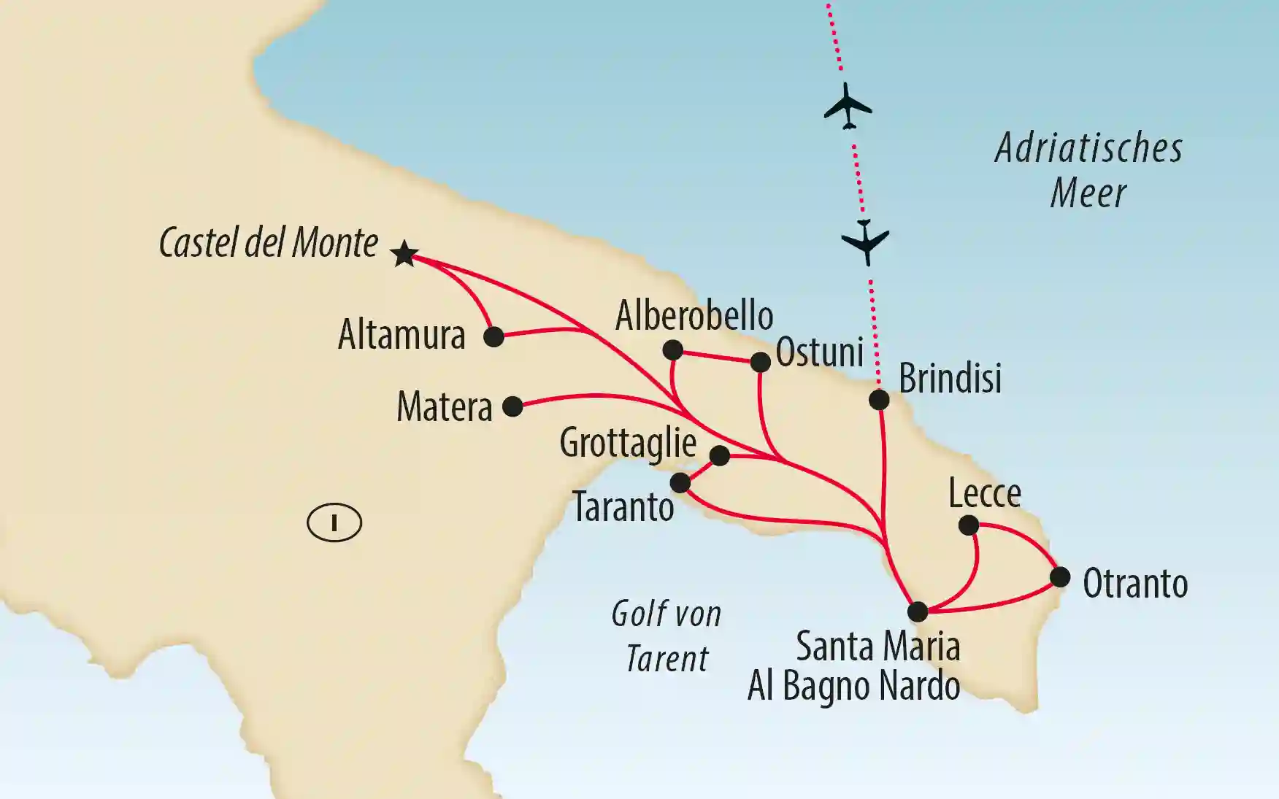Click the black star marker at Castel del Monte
coord(404,254)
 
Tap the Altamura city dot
coord(494,336)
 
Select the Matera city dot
coord(513,406)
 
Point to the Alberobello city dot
coord(672,350)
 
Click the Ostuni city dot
coord(761,362)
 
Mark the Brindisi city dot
coord(879,400)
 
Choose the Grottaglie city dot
coord(720,455)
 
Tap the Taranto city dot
coord(680,482)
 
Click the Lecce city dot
coord(969,525)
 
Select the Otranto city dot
coord(1060,577)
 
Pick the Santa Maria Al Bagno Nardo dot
coord(918,611)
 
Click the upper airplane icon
coord(848,107)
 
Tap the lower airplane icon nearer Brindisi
coord(866,241)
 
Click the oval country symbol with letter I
coord(334,522)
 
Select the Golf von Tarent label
coord(667,636)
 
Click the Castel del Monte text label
coord(269,243)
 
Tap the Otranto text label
coord(1135,584)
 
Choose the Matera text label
coord(445,407)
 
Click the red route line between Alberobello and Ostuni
coord(716,356)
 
